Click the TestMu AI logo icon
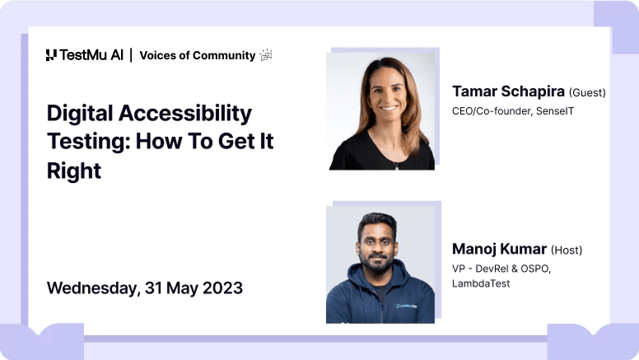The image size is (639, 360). click(51, 55)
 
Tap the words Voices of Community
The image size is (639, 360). click(197, 55)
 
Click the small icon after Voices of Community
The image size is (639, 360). click(266, 55)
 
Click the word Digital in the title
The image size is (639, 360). click(79, 113)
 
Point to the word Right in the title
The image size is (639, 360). click(73, 171)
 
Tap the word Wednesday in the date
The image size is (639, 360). click(91, 288)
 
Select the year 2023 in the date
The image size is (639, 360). click(222, 288)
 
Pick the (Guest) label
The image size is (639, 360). click(587, 93)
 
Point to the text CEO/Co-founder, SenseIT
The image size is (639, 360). click(512, 110)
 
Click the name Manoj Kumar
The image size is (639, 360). click(499, 249)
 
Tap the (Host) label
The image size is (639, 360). click(567, 250)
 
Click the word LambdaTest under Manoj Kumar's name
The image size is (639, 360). click(481, 283)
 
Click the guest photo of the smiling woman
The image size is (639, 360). click(381, 111)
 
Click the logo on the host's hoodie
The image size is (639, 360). click(405, 306)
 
